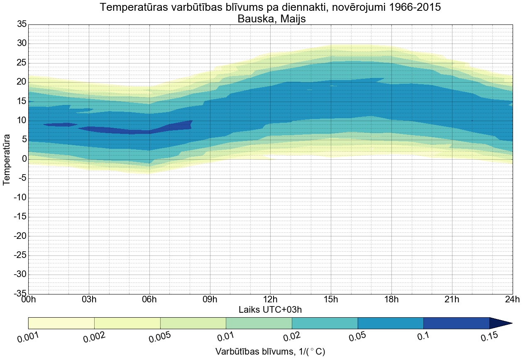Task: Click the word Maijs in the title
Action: coord(296,19)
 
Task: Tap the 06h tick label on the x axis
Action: coord(149,300)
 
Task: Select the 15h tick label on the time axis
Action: coord(331,300)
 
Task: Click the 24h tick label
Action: coord(512,300)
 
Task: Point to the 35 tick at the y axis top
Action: coord(21,24)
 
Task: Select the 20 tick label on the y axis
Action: coord(21,82)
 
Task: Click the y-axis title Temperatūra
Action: coord(7,159)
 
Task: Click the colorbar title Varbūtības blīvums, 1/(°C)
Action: coord(270,352)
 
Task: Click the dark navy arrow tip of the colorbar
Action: coord(502,323)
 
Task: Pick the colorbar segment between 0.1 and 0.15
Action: coord(456,323)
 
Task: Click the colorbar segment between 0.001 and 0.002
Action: coord(61,323)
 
